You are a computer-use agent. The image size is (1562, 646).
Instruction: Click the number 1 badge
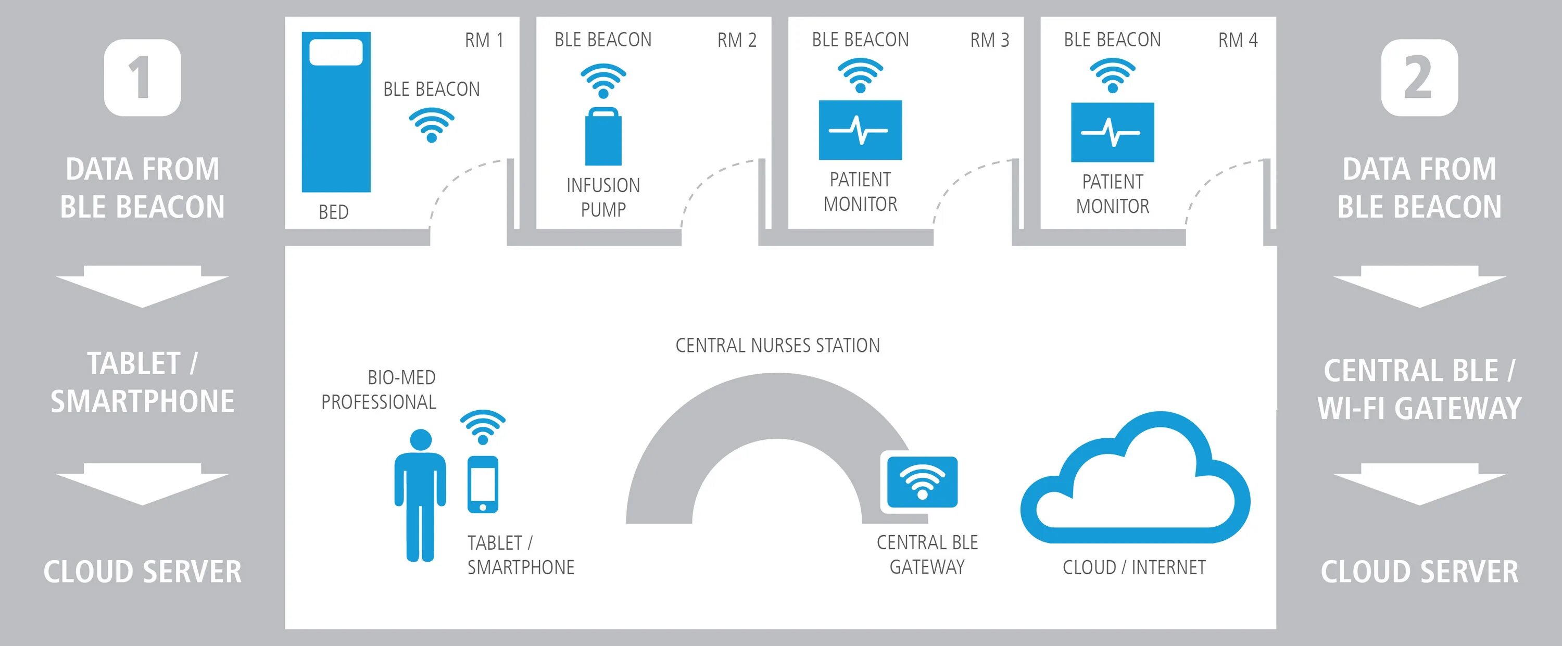pos(143,78)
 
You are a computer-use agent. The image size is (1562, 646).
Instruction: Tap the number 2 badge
pos(1419,78)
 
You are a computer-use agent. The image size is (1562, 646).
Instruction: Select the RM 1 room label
pos(484,40)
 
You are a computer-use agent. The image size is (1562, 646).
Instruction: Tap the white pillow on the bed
pos(336,52)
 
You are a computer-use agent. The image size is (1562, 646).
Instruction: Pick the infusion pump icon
pos(603,137)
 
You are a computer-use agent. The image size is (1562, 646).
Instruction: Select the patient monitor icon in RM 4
pos(1112,132)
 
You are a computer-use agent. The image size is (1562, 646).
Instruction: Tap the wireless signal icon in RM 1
pos(431,125)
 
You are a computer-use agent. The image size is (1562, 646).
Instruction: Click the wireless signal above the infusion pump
pos(603,81)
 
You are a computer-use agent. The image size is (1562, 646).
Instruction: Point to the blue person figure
pos(420,494)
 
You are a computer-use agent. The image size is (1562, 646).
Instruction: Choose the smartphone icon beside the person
pos(483,484)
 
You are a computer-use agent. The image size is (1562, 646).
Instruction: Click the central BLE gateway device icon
pos(922,482)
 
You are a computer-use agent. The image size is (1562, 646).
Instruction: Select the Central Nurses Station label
pos(777,346)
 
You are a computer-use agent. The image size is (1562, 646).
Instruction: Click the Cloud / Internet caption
pos(1134,567)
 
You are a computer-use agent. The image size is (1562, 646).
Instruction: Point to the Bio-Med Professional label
pos(379,390)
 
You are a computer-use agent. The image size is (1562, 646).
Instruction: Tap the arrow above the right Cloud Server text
pos(1419,484)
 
